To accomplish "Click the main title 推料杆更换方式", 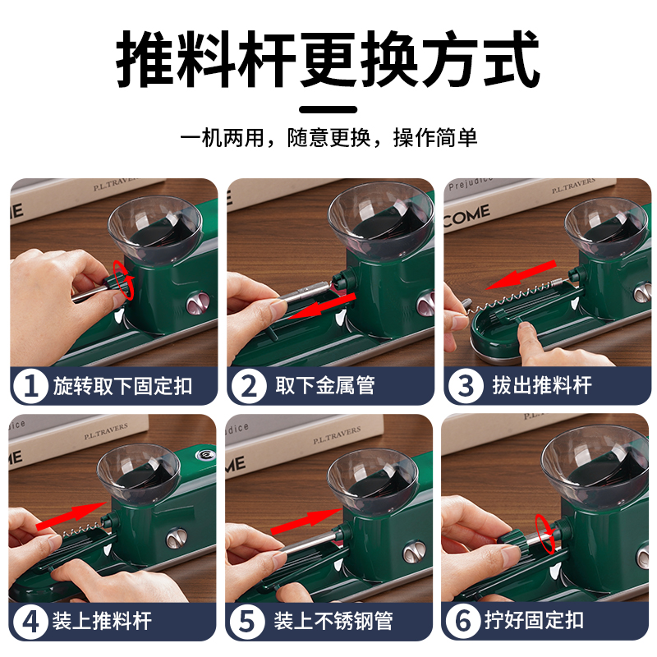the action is pyautogui.click(x=328, y=58).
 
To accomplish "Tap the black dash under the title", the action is pyautogui.click(x=328, y=110).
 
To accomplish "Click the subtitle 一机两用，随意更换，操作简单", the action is pyautogui.click(x=328, y=137).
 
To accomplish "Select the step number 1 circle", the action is pyautogui.click(x=30, y=385).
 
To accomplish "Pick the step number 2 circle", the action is pyautogui.click(x=249, y=385).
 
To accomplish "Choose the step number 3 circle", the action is pyautogui.click(x=465, y=385).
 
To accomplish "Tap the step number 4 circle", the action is pyautogui.click(x=30, y=622).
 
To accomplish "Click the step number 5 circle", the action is pyautogui.click(x=247, y=622).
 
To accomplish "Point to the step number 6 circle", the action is pyautogui.click(x=463, y=621).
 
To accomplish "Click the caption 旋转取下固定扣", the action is pyautogui.click(x=122, y=385).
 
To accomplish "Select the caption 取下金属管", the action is pyautogui.click(x=324, y=385).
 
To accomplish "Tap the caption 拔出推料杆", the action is pyautogui.click(x=542, y=385).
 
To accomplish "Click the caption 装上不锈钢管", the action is pyautogui.click(x=333, y=621).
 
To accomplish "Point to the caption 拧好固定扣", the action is pyautogui.click(x=535, y=620).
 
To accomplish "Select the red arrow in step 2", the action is pyautogui.click(x=321, y=306).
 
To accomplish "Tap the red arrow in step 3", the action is pyautogui.click(x=521, y=275).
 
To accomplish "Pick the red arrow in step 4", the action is pyautogui.click(x=71, y=517).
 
